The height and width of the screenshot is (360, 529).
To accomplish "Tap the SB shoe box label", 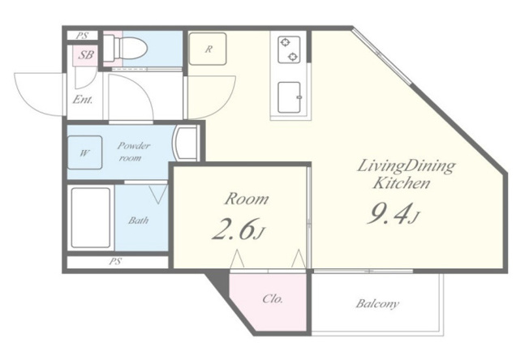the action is pos(86,54).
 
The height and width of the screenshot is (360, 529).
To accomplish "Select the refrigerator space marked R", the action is pos(208,49).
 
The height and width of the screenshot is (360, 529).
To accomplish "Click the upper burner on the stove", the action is pos(286,42).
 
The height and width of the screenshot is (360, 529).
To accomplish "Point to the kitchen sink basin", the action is pos(289,97).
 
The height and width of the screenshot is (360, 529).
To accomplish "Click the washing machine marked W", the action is pos(84,152).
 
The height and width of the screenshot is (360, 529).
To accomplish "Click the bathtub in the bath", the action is pos(90,217).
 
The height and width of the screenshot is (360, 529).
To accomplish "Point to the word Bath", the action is pos(138,221).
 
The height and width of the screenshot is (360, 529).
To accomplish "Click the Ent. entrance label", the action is pos(83,100).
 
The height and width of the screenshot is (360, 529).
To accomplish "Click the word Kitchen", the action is pos(402,183).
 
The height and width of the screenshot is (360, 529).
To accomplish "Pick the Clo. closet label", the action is pos(273,298).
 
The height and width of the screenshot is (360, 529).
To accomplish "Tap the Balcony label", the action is pos(377,304).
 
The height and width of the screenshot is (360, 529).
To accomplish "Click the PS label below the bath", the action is pos(115,262).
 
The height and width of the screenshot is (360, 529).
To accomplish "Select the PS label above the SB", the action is pos(82,36).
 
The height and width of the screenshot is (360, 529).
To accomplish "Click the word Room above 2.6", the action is pos(247,199).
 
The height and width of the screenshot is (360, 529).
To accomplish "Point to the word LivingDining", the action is pos(406,167).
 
